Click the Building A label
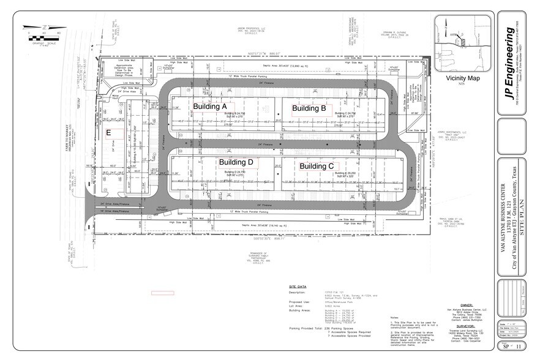(x=210, y=106)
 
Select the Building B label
(x=309, y=108)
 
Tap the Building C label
(x=316, y=166)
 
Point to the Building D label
(x=236, y=162)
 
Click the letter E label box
(x=108, y=132)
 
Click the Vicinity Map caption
(x=463, y=78)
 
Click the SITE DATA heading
(x=298, y=286)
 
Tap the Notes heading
(x=394, y=317)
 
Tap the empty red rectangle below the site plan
(x=163, y=293)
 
